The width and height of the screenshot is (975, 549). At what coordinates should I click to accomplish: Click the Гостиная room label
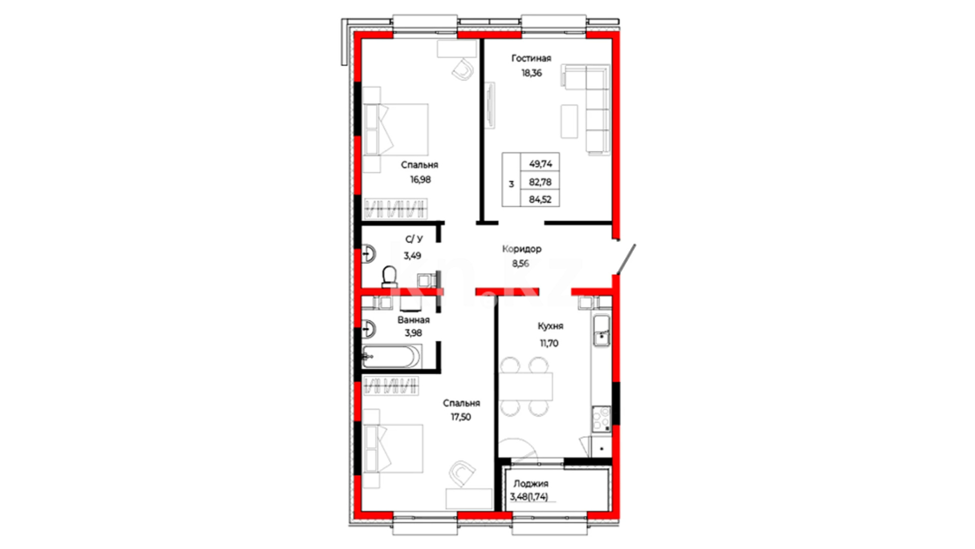coord(531,58)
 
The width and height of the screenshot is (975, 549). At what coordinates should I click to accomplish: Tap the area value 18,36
coord(532,73)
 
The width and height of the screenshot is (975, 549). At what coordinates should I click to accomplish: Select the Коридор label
coord(522,249)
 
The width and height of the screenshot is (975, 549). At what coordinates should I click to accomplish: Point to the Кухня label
coord(550,326)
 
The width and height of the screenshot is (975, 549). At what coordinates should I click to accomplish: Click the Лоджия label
coord(531,484)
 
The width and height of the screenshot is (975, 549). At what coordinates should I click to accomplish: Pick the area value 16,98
coord(420,179)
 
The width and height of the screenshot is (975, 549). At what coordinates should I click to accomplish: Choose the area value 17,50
coord(461,417)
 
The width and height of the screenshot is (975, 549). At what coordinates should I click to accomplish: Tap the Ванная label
coord(413,320)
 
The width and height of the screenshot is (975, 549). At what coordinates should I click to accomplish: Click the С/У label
coord(414,239)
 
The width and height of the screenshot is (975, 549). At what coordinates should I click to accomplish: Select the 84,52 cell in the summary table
coord(540,200)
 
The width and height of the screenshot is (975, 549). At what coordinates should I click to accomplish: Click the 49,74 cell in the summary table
coord(540,164)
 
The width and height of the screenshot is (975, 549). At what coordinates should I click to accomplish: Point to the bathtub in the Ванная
coord(391,357)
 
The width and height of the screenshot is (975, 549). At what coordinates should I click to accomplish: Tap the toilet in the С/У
coord(389,277)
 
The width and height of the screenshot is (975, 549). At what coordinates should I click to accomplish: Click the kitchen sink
coord(602,331)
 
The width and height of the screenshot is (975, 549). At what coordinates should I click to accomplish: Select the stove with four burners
coord(602,419)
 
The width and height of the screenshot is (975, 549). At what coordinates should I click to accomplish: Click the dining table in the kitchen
coord(525,386)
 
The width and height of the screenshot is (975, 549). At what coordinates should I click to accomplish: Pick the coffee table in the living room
coord(569,121)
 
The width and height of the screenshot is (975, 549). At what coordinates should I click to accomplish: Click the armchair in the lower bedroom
coord(462,473)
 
